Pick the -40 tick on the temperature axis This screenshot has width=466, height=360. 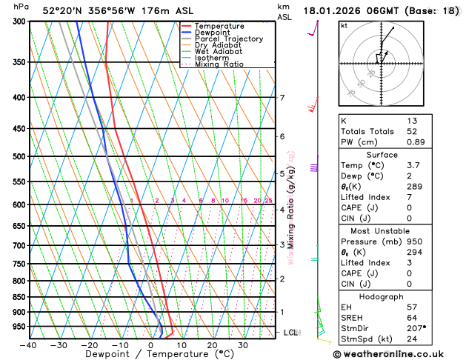click(x=29, y=344)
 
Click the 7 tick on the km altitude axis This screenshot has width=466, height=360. click(x=282, y=98)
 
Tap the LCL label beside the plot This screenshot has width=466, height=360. click(x=291, y=333)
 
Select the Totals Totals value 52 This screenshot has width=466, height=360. click(x=412, y=131)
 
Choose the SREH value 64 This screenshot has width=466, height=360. click(x=412, y=318)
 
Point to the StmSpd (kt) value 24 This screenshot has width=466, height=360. click(x=412, y=340)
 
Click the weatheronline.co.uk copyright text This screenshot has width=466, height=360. click(x=399, y=353)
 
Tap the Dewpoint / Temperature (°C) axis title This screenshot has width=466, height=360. click(x=150, y=355)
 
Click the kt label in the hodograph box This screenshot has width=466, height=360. click(x=344, y=25)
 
